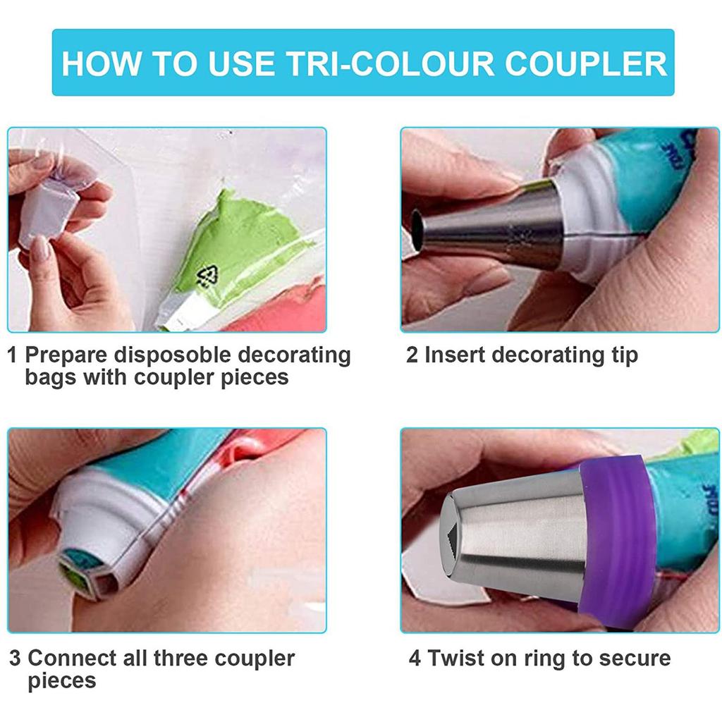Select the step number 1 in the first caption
click(13, 355)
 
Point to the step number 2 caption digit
click(412, 355)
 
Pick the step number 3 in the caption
click(15, 659)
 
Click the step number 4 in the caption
click(415, 659)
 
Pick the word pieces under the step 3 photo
click(61, 682)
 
